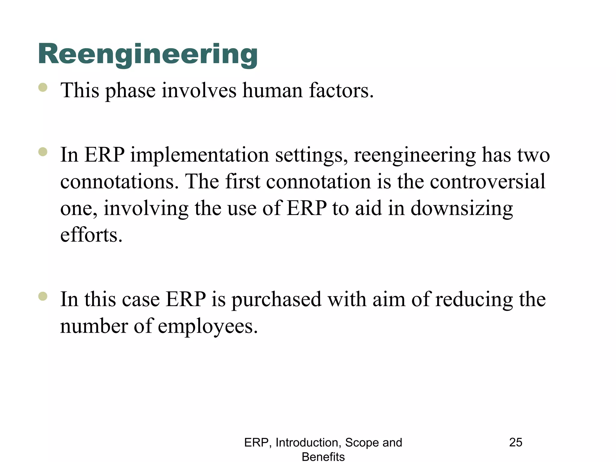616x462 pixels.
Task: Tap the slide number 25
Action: click(516, 442)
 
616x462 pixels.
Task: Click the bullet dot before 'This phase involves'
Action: click(43, 87)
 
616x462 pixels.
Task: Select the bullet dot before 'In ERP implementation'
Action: click(43, 152)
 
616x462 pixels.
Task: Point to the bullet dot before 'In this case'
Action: click(43, 296)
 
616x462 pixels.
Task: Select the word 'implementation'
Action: click(199, 155)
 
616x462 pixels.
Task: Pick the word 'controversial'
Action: click(487, 182)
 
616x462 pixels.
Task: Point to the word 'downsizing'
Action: click(461, 209)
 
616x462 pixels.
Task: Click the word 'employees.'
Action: click(208, 327)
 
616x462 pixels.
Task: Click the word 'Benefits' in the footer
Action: click(323, 457)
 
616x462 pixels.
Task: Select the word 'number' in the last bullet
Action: click(94, 327)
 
